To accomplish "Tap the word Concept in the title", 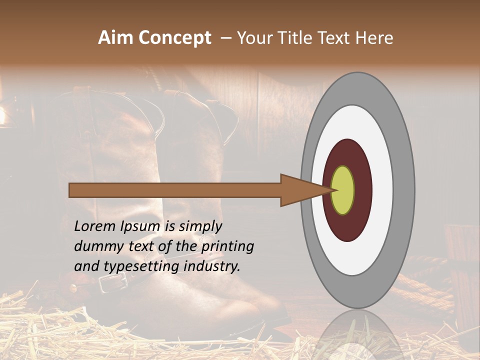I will [174, 38].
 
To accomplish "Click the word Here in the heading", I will [374, 38].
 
